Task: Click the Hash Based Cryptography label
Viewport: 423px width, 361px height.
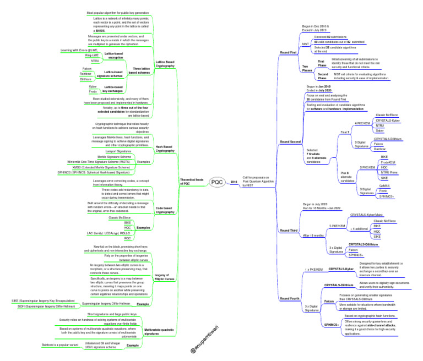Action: (x=166, y=148)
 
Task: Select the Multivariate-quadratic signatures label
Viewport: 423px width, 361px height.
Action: (x=159, y=331)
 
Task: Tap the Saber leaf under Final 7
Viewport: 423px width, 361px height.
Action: (x=379, y=131)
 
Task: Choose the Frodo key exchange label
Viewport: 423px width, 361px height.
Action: (x=93, y=91)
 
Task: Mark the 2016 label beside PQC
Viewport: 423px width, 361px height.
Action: (x=233, y=181)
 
